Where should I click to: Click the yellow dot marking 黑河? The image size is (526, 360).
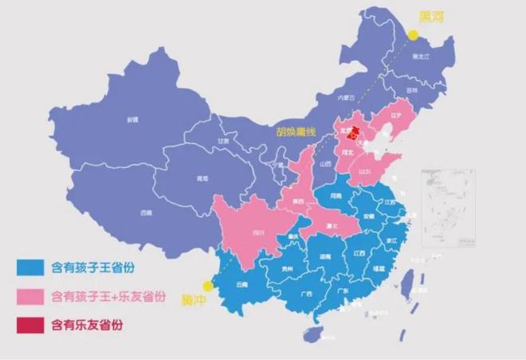click(414, 34)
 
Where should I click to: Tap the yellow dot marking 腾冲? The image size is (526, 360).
click(209, 285)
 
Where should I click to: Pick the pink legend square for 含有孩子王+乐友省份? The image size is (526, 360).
click(30, 296)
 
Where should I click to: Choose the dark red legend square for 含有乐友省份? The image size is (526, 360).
click(30, 324)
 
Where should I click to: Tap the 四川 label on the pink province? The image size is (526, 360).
click(257, 233)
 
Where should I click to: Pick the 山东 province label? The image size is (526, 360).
click(365, 171)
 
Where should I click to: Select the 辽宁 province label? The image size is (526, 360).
click(396, 115)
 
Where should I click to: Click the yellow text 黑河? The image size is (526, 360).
click(432, 17)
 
